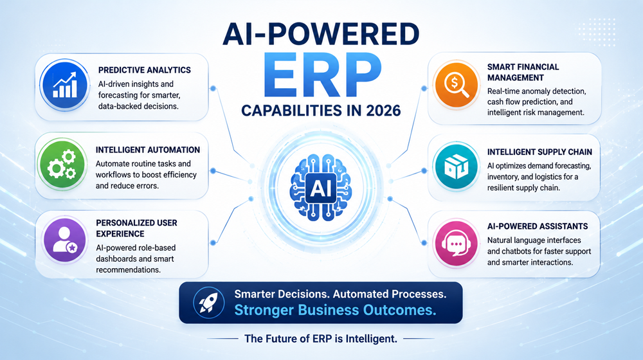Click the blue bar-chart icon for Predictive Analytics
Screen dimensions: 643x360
coord(64,85)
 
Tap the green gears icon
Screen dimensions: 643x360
coord(62,164)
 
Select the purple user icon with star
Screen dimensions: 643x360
coord(64,240)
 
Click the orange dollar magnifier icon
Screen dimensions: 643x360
coord(456,85)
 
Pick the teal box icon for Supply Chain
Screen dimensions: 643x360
coord(456,166)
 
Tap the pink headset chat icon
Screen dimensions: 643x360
coord(456,243)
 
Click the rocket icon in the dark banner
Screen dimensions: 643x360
coord(209,303)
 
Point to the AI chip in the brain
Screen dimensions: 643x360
coord(321,188)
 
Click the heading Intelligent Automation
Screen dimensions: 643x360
coord(148,150)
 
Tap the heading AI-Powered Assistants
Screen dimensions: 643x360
coord(538,226)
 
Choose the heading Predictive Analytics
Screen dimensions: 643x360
coord(144,70)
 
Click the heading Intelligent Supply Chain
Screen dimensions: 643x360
coord(539,152)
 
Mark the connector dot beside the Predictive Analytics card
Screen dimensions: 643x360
coord(213,89)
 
